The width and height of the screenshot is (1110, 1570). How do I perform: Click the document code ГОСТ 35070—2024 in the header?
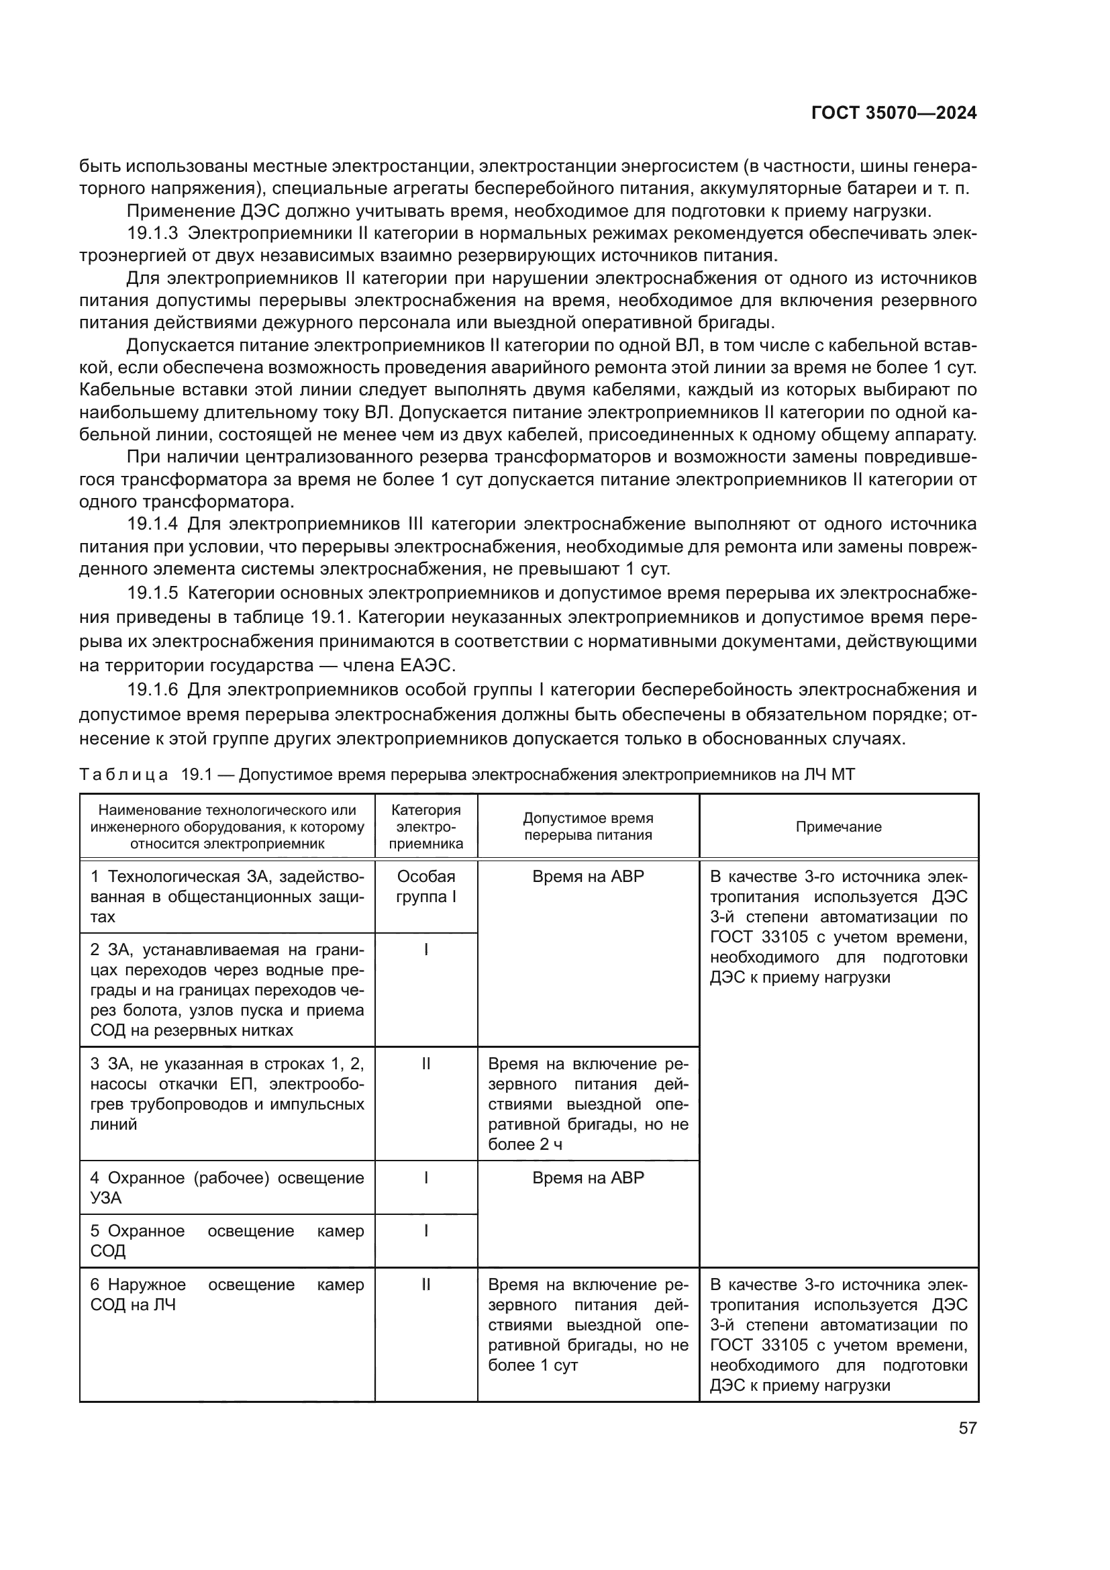[894, 113]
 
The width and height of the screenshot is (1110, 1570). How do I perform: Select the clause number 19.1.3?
[152, 233]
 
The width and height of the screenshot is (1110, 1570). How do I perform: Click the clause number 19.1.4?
[152, 524]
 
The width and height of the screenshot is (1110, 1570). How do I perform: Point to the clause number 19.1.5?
[152, 593]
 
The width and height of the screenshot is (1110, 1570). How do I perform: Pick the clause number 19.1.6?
[152, 690]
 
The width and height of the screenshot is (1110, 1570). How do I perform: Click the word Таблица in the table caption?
[123, 775]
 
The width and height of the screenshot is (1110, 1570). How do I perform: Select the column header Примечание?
[838, 827]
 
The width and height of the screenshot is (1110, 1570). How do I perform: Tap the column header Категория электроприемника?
[426, 827]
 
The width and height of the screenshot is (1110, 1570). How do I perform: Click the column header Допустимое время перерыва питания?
[588, 827]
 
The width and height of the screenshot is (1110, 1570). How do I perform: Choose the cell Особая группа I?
[426, 886]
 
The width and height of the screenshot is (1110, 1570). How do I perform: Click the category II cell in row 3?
[426, 1064]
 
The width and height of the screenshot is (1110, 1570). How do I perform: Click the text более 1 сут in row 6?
[533, 1365]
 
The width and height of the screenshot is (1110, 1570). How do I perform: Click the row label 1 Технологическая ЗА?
[227, 877]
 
